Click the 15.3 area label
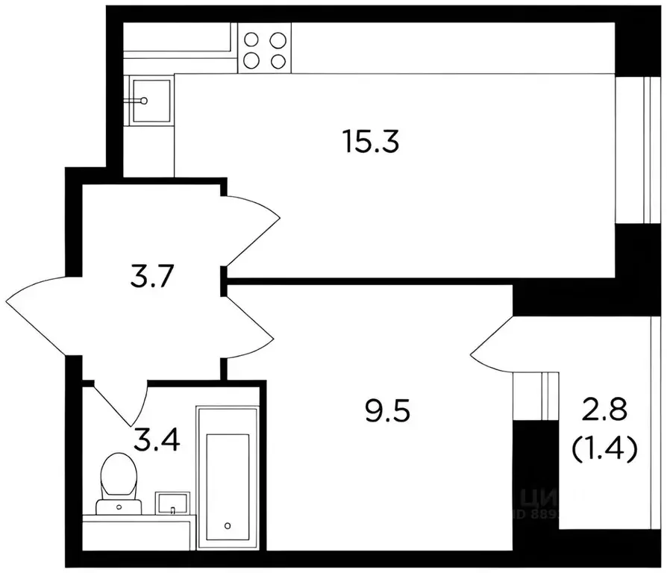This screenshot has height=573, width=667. point(371,140)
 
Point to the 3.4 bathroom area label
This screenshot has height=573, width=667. point(156,439)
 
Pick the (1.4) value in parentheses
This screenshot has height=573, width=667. point(604,448)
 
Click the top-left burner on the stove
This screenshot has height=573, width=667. point(251,40)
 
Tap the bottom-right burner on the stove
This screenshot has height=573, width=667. point(278,62)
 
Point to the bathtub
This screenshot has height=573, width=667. point(227,476)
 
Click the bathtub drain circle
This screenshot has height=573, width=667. point(227,525)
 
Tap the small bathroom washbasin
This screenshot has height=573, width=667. point(173,503)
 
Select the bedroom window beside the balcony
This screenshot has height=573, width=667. point(536,395)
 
